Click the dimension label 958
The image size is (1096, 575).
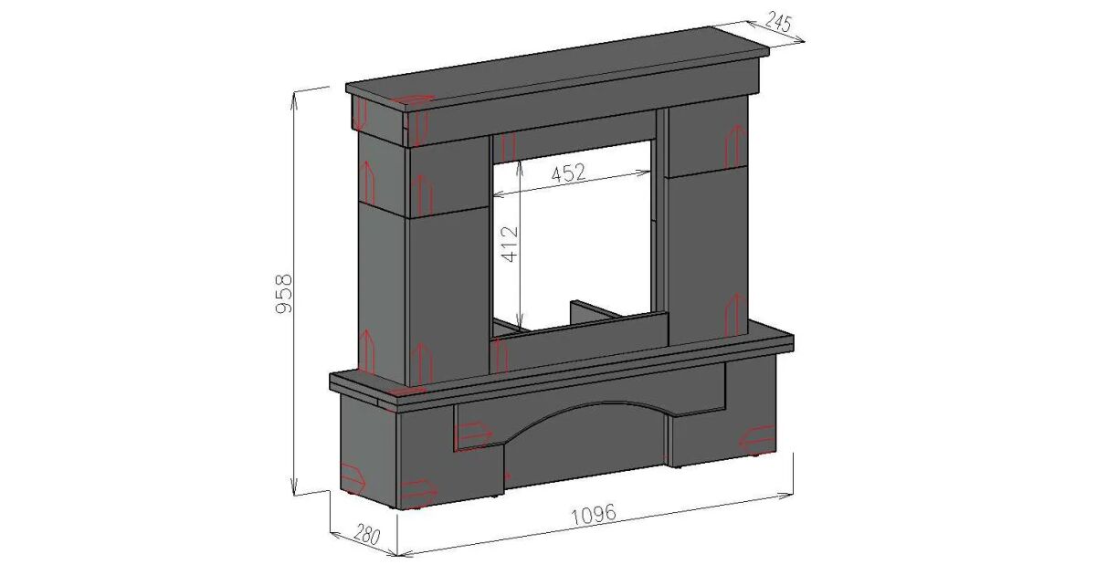coord(284,293)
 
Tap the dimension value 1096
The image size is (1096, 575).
coord(595,515)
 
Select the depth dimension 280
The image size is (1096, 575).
coord(367,534)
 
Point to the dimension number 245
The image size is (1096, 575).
coord(777,21)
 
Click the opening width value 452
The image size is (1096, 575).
coord(568,173)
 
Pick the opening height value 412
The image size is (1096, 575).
coord(510,244)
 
